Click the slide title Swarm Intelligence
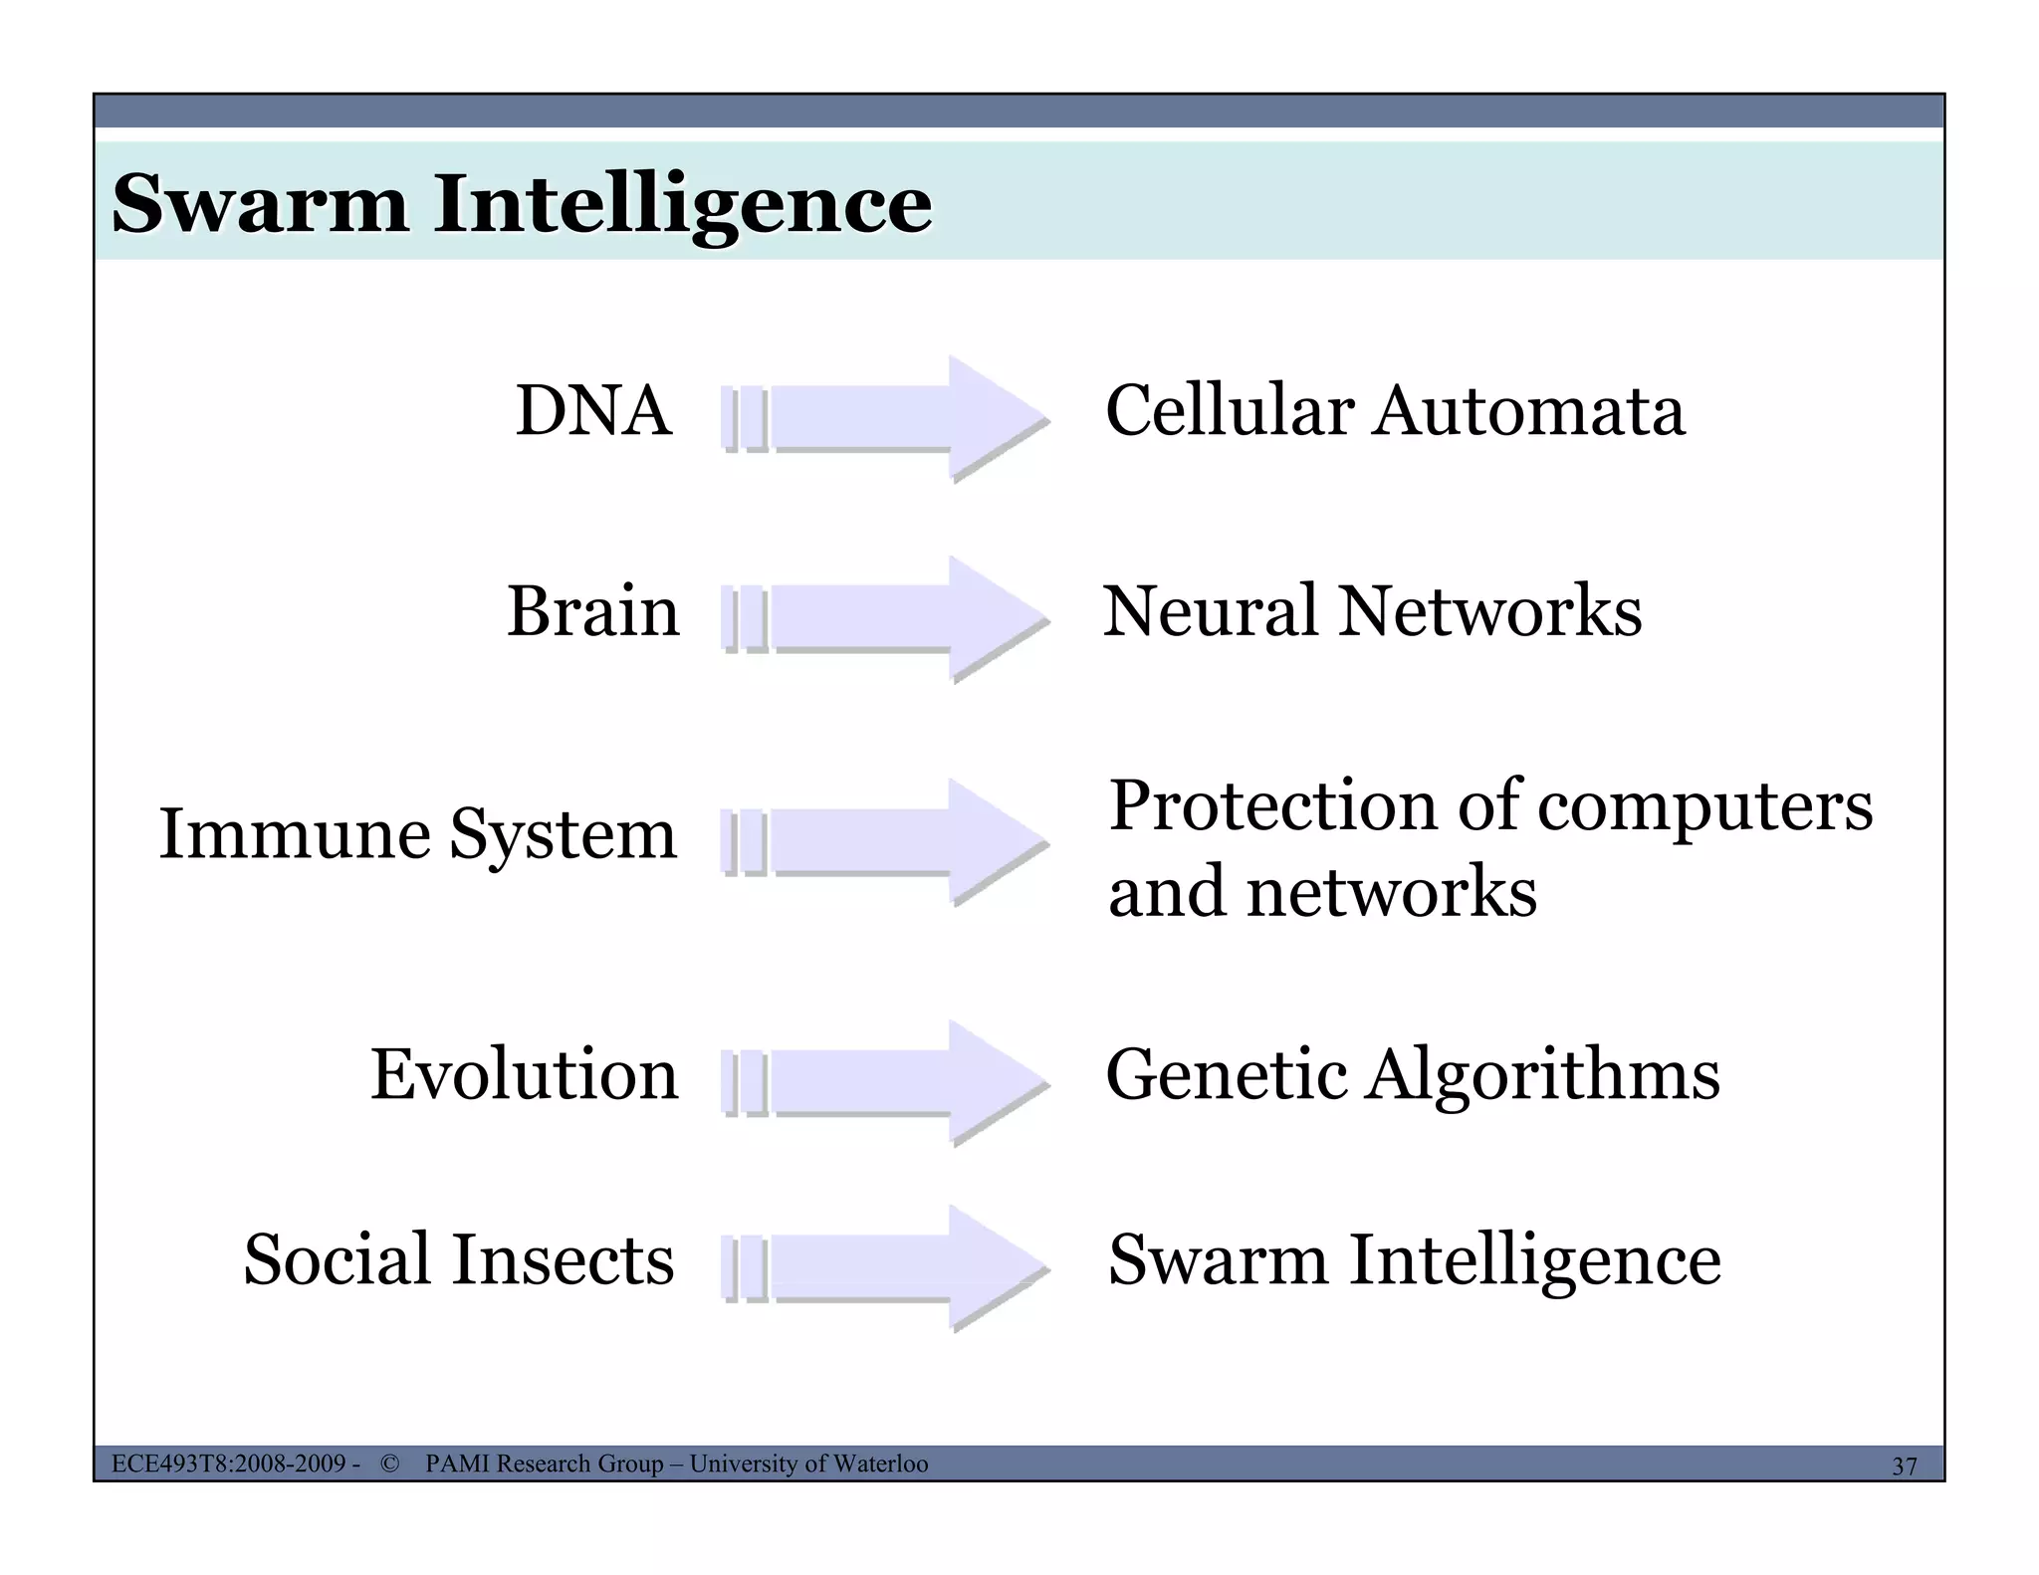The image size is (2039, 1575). pos(522,203)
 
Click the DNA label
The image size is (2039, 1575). pos(593,410)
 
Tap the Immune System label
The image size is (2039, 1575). pos(418,834)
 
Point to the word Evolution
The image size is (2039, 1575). pos(525,1075)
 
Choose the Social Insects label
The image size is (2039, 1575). pos(459,1259)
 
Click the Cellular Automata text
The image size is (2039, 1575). pos(1395,410)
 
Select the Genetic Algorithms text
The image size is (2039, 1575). pos(1413,1075)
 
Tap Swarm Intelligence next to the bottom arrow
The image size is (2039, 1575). pos(1415,1259)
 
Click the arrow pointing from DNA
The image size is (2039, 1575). pos(884,418)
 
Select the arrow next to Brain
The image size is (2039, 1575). pos(884,618)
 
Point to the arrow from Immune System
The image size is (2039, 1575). pos(884,842)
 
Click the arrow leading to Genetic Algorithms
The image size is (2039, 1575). pos(884,1083)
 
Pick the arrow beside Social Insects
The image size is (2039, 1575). pos(884,1268)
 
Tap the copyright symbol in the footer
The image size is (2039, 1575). pos(389,1463)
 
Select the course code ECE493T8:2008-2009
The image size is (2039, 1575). pos(229,1463)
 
